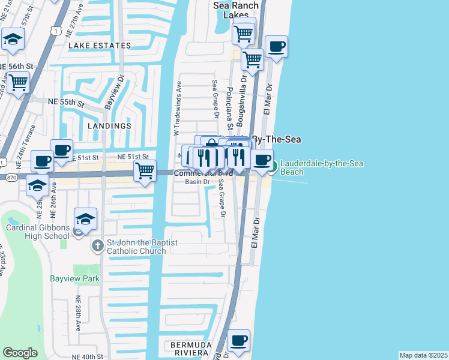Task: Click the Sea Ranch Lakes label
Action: pyautogui.click(x=237, y=10)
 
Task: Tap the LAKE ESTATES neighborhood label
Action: pyautogui.click(x=100, y=46)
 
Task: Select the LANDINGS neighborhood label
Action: pyautogui.click(x=109, y=126)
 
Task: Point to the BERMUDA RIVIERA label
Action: pyautogui.click(x=191, y=350)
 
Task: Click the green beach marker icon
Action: pyautogui.click(x=272, y=167)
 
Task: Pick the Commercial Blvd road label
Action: pyautogui.click(x=202, y=173)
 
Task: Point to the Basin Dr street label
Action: pyautogui.click(x=197, y=182)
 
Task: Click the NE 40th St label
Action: pyautogui.click(x=89, y=356)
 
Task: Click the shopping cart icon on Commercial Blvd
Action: pyautogui.click(x=145, y=170)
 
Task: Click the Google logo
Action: pyautogui.click(x=20, y=353)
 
